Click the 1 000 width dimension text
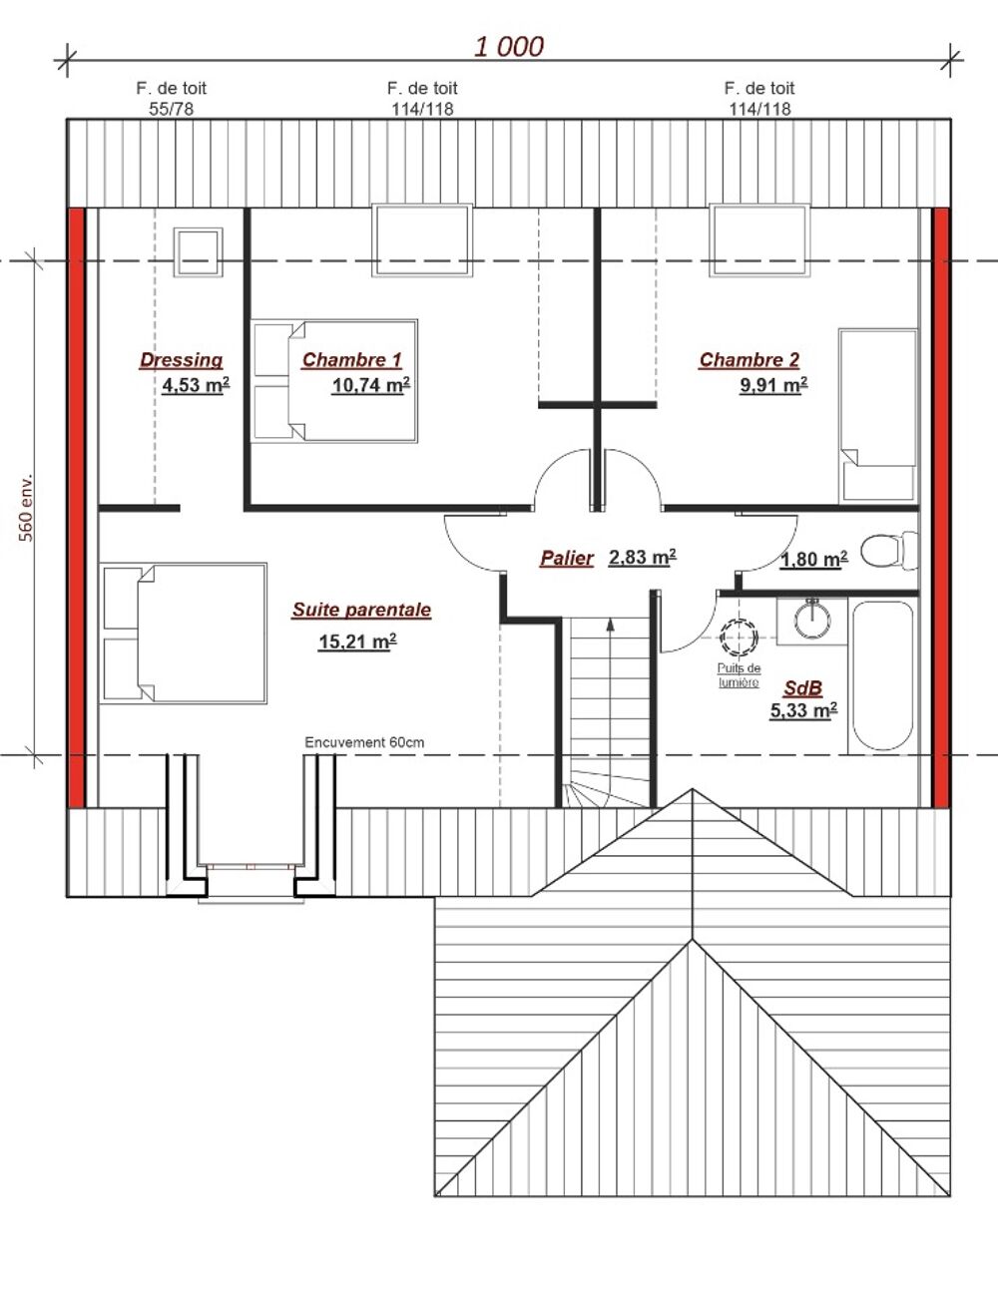tap(509, 47)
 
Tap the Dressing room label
tap(182, 360)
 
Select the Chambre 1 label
tap(351, 359)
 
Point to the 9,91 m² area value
tap(773, 385)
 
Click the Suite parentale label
tap(361, 610)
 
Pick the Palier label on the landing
tap(567, 558)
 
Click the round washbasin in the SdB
tap(812, 619)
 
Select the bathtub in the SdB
tap(882, 676)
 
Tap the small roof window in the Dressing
tap(198, 251)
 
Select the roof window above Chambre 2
tap(759, 240)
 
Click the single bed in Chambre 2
tap(877, 416)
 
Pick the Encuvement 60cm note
tap(364, 742)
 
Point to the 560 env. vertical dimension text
tap(26, 508)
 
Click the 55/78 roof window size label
tap(171, 109)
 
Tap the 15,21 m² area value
tap(357, 642)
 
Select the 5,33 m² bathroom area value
tap(803, 710)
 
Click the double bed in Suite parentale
tap(183, 634)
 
